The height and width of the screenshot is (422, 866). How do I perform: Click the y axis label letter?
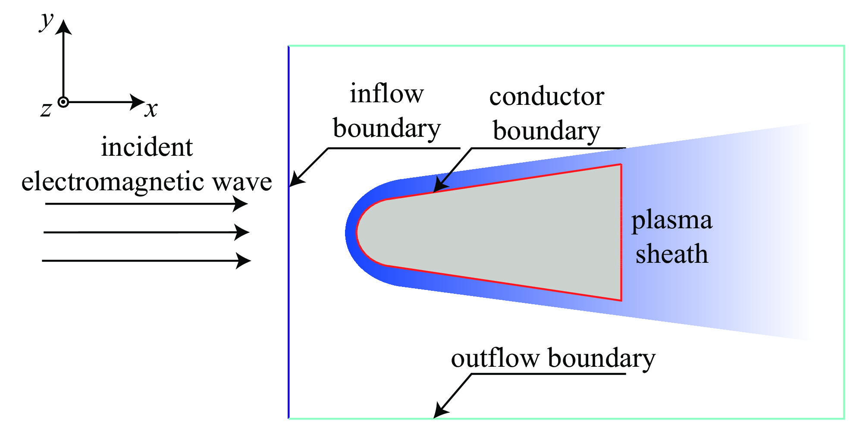tap(47, 22)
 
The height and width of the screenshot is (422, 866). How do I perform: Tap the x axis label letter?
tap(151, 110)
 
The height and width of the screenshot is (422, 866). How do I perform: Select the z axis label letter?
tap(46, 110)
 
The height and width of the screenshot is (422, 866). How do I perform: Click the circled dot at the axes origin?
tap(63, 102)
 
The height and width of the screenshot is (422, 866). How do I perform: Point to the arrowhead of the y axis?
tap(64, 27)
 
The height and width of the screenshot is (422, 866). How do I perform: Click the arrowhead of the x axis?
tap(138, 102)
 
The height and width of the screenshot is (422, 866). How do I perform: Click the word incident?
tap(147, 147)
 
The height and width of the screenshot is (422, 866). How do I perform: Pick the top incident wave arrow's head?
tap(241, 204)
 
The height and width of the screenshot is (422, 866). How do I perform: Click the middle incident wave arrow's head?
tap(242, 232)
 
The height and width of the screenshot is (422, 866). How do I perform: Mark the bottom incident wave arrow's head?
tap(244, 261)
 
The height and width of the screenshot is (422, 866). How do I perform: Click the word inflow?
tap(387, 94)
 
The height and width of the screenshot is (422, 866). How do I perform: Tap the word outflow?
tap(496, 358)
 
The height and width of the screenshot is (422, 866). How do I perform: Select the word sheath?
tap(672, 253)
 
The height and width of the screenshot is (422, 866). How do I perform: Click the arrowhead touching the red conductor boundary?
tap(440, 186)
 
